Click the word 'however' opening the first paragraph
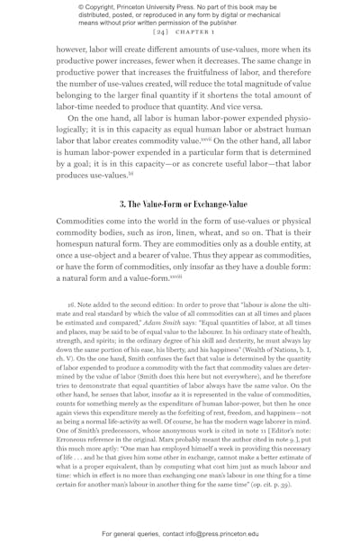click(76, 52)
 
